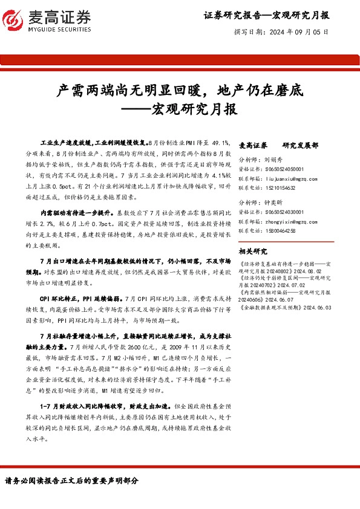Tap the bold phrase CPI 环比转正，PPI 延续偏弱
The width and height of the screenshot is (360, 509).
coord(79,299)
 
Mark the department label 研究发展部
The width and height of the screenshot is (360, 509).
coord(299,146)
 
